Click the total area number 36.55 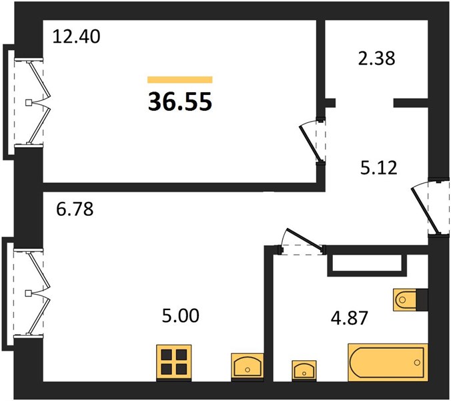[x=180, y=102]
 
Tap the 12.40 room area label [x=77, y=37]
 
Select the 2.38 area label [x=376, y=59]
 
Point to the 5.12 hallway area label [x=378, y=168]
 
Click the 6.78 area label [x=75, y=209]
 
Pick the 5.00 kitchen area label [x=181, y=315]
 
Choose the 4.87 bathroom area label [x=349, y=318]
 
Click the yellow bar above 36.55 [x=180, y=80]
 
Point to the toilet [x=405, y=300]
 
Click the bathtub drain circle [x=417, y=362]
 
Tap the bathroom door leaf [x=305, y=238]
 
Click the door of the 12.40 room [x=310, y=143]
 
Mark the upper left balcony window [x=28, y=102]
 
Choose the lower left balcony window [x=28, y=293]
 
